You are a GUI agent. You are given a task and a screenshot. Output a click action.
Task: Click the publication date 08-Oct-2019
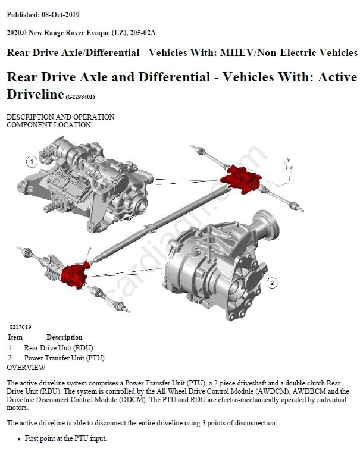pyautogui.click(x=60, y=15)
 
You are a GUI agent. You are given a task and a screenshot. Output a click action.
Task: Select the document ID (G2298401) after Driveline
pyautogui.click(x=80, y=97)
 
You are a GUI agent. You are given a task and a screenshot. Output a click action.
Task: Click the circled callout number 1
pyautogui.click(x=32, y=162)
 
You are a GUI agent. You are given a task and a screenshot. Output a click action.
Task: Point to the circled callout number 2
pyautogui.click(x=272, y=283)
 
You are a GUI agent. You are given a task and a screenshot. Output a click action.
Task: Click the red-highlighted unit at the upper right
pyautogui.click(x=241, y=178)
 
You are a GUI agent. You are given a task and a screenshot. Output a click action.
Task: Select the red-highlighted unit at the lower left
pyautogui.click(x=75, y=275)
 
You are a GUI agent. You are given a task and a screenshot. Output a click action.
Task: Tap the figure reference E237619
pyautogui.click(x=20, y=327)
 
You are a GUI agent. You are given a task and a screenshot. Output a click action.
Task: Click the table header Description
pyautogui.click(x=64, y=337)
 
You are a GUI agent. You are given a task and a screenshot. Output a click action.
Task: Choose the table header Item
pyautogui.click(x=15, y=337)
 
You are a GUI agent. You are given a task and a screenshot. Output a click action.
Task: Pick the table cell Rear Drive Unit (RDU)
pyautogui.click(x=59, y=348)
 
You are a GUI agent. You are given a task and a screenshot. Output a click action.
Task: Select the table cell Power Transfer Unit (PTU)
pyautogui.click(x=64, y=358)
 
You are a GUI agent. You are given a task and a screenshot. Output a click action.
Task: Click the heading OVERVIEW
pyautogui.click(x=26, y=368)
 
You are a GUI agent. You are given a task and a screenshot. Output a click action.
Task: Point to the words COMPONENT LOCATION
pyautogui.click(x=49, y=125)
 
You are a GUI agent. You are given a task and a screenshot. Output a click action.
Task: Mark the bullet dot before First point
pyautogui.click(x=19, y=439)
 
